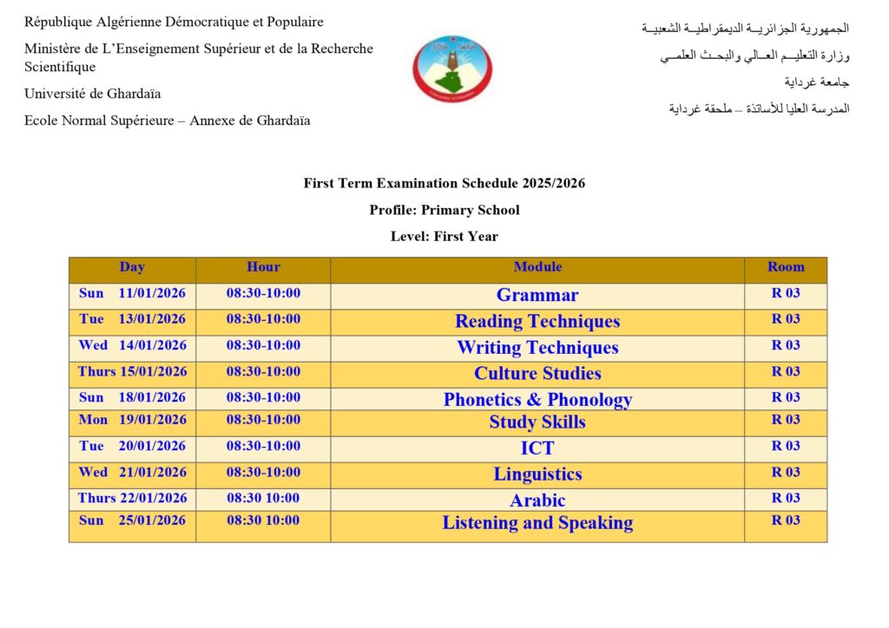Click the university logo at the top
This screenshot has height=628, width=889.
coord(452,69)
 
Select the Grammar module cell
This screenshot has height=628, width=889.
coord(537,295)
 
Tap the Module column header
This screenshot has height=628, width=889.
coord(537,267)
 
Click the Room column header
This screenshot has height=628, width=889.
coord(786,267)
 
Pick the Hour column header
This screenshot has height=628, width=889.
coord(263,267)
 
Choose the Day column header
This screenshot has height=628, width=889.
coord(132,267)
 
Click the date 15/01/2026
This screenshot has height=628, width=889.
coord(153,372)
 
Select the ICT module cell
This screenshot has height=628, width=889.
coord(537,448)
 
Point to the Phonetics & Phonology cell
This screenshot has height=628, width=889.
coord(537,400)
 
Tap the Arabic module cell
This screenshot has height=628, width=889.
coord(537,500)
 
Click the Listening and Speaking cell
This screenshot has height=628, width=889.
coord(537,523)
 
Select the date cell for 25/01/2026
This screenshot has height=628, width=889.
coord(132,521)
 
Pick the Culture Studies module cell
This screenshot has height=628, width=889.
coord(537,374)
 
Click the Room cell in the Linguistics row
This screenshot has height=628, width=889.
coord(786,473)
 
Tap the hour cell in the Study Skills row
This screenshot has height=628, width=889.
coord(263,420)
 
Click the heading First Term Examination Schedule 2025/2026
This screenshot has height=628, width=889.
coord(444,183)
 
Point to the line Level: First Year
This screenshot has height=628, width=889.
coord(444,236)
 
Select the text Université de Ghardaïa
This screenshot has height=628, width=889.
coord(93,94)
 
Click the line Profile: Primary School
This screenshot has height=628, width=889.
coord(444,210)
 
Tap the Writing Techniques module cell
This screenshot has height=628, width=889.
coord(537,348)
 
